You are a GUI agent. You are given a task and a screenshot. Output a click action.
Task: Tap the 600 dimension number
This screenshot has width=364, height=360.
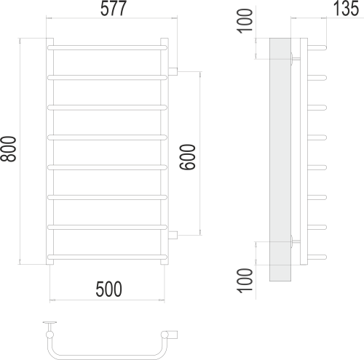[x=187, y=153]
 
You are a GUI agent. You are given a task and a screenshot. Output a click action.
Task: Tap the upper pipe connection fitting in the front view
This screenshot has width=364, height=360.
[x=174, y=71]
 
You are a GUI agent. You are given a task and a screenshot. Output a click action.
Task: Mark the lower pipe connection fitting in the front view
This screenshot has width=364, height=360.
[x=174, y=233]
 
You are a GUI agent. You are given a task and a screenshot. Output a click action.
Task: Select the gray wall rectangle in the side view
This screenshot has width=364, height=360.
[x=280, y=160]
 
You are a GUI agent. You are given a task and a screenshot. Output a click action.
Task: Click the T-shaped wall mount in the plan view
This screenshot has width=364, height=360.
[x=50, y=325]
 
